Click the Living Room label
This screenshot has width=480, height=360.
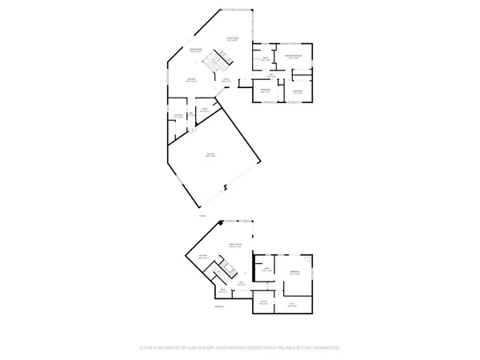(x=233, y=38)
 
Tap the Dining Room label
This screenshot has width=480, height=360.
(x=196, y=50)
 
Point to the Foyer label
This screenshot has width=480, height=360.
(x=226, y=78)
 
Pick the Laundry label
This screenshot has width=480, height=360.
(x=178, y=116)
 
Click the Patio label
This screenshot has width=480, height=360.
(x=202, y=216)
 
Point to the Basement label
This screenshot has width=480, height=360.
(x=219, y=306)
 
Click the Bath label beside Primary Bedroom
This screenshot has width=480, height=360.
(x=266, y=58)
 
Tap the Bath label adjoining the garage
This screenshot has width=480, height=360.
(x=204, y=109)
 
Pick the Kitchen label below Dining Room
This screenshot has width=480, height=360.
(x=192, y=78)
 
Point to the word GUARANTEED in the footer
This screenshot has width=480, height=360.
(x=325, y=348)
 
